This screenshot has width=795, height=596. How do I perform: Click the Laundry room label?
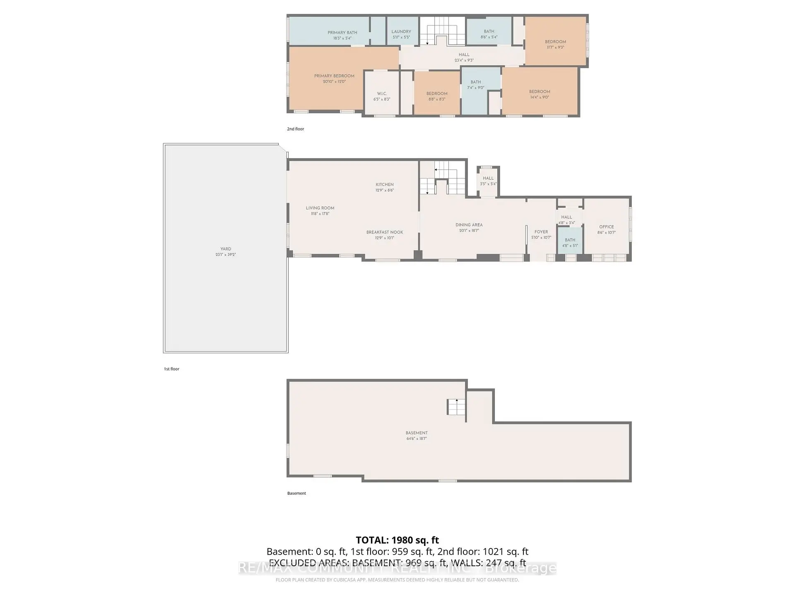[401, 31]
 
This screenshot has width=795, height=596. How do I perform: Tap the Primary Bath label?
[342, 33]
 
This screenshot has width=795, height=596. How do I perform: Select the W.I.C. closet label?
[382, 94]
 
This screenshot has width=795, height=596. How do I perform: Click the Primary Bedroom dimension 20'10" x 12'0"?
[334, 82]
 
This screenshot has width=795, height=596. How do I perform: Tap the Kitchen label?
[385, 185]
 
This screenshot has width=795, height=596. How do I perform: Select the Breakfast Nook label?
[385, 232]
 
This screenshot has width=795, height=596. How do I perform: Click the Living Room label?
[320, 208]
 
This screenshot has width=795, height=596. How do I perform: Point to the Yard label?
[226, 249]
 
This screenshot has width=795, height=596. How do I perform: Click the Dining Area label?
[469, 225]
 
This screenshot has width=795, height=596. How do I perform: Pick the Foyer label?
[541, 232]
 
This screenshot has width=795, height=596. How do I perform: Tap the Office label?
[606, 227]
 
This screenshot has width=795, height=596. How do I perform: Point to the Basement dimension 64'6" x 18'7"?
[417, 438]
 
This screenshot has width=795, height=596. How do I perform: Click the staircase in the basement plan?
[456, 407]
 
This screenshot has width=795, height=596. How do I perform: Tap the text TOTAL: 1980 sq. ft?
[397, 540]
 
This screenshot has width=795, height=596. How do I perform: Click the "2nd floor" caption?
[296, 129]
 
